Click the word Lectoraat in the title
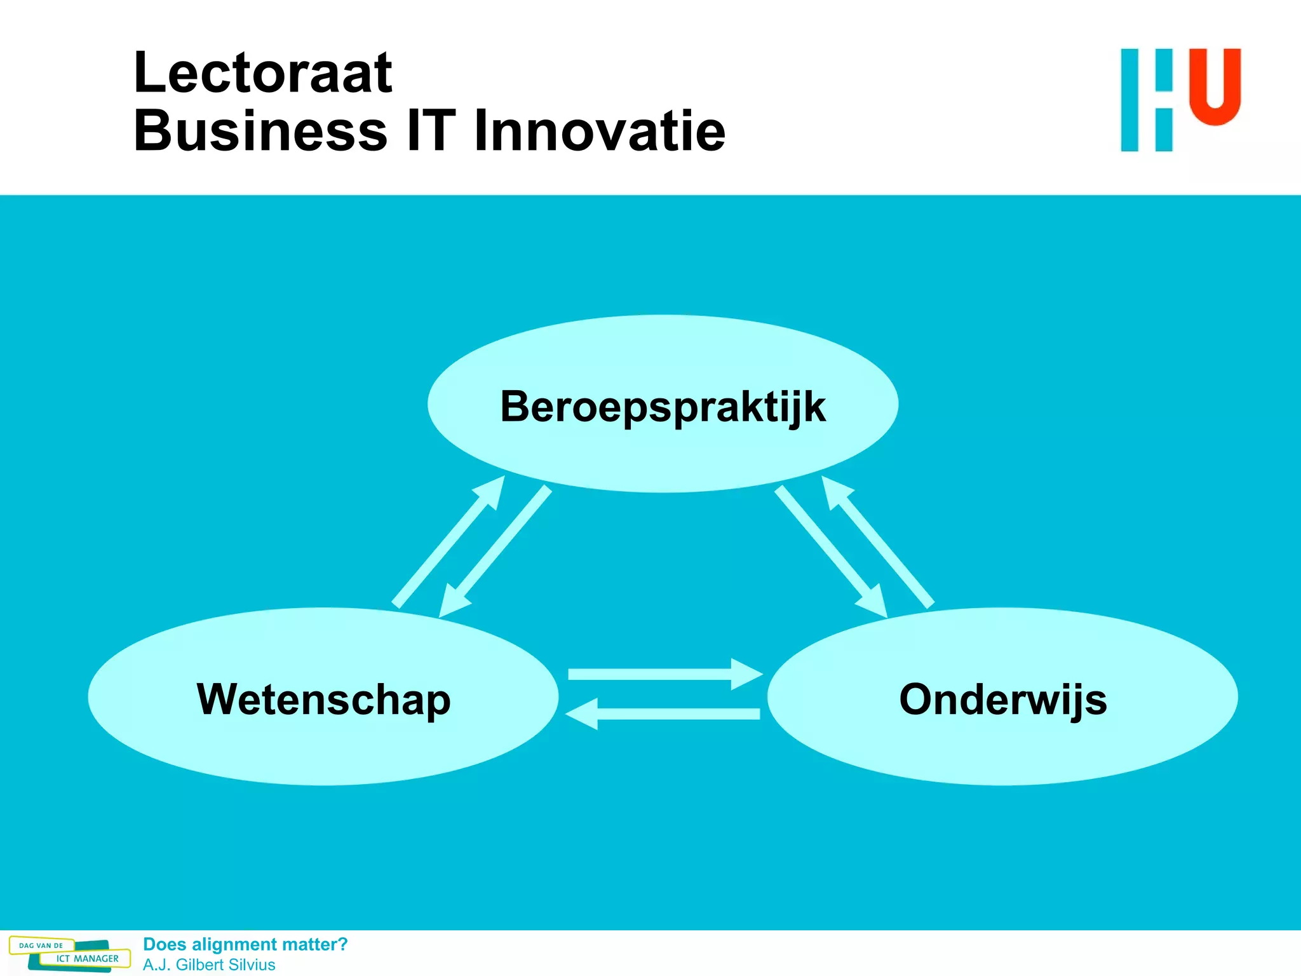point(262,73)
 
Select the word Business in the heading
point(260,131)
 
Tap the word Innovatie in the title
point(599,131)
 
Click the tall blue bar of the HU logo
point(1129,100)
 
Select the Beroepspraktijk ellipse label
point(663,406)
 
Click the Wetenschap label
point(324,699)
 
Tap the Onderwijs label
point(1003,699)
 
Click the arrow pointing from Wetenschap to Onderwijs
point(664,674)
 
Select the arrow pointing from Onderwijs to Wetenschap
point(664,714)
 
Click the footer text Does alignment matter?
point(245,944)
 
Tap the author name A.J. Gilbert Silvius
point(209,965)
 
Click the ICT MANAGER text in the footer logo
point(87,958)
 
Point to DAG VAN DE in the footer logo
point(41,945)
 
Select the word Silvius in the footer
point(252,965)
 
